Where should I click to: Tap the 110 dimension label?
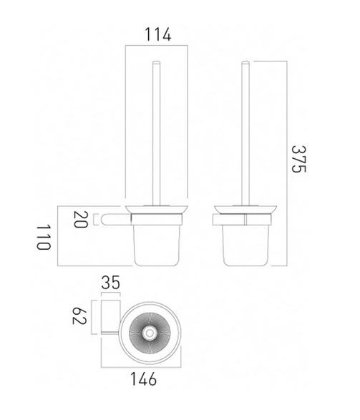point(44,235)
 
